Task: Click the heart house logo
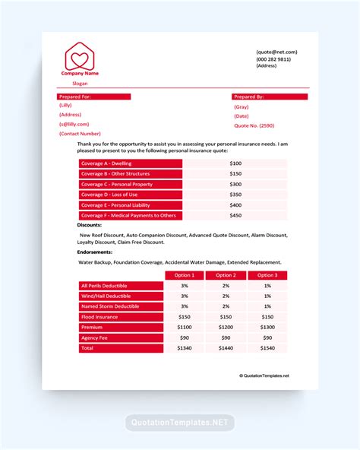80,55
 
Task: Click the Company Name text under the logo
80,74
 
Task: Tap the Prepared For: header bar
94,97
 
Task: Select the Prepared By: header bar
270,97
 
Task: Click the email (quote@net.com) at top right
276,52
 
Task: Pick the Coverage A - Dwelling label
130,163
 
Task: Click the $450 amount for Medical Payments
235,216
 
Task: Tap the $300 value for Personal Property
235,185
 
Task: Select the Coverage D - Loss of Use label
130,195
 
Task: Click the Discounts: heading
90,225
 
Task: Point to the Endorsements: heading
95,252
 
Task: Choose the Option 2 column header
226,275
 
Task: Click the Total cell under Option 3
267,348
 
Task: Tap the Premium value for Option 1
185,327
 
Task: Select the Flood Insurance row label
121,317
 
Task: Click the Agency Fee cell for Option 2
226,337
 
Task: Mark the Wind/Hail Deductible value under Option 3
267,296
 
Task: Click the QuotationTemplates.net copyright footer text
264,376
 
